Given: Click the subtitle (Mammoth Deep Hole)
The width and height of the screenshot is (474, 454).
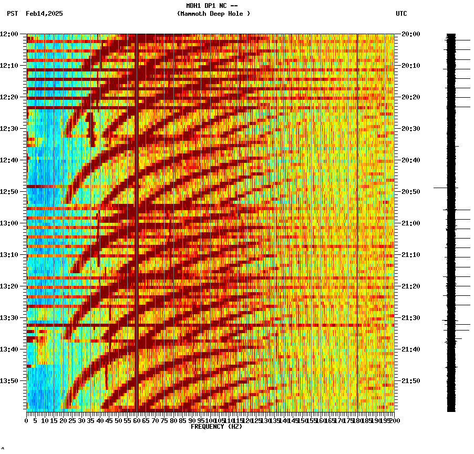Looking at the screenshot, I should (213, 14).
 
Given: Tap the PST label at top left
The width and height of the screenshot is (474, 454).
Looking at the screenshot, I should (12, 14).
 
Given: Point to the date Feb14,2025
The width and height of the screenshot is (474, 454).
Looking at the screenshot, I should (44, 14).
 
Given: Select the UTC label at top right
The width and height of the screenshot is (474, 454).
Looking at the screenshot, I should (401, 14).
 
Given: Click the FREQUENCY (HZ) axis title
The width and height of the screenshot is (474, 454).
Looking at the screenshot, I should (217, 427).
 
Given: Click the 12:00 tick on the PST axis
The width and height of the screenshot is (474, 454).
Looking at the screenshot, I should (9, 34).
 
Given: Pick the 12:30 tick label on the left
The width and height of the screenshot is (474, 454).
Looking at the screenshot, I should (9, 129).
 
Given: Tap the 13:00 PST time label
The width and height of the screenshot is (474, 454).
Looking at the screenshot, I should (9, 223).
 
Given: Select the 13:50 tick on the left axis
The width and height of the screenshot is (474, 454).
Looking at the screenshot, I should (9, 381).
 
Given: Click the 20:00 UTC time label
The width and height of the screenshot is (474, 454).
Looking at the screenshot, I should (411, 34).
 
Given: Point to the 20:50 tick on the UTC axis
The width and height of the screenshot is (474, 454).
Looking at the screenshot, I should (411, 192).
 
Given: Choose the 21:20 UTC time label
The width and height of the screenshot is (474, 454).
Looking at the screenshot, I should (411, 286).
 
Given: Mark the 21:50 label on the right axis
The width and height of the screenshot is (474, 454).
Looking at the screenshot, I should (411, 381).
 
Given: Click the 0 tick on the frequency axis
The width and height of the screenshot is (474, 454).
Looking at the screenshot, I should (27, 421).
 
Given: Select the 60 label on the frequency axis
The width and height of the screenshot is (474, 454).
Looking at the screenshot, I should (136, 421).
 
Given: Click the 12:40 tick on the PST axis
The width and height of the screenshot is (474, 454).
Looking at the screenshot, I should (9, 160).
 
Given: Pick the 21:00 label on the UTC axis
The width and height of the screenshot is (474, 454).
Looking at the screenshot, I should (411, 223).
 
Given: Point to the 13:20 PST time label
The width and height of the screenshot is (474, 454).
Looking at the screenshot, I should (9, 286).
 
